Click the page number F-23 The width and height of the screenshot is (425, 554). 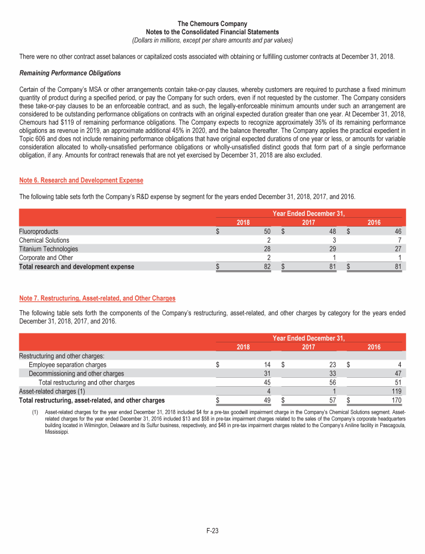pyautogui.click(x=212, y=531)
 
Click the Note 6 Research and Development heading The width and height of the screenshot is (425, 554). pyautogui.click(x=81, y=180)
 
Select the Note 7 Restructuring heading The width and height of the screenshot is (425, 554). pyautogui.click(x=97, y=298)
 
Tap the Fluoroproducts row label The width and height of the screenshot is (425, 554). pyautogui.click(x=38, y=231)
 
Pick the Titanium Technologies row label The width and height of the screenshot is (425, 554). pyautogui.click(x=48, y=249)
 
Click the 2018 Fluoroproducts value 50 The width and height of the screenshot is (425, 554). pyautogui.click(x=266, y=231)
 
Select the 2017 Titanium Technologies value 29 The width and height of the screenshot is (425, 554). pyautogui.click(x=332, y=249)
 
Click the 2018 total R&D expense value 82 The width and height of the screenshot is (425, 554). pyautogui.click(x=266, y=266)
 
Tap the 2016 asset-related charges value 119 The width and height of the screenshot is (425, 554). pyautogui.click(x=396, y=391)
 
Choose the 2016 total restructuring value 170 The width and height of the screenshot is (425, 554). pyautogui.click(x=396, y=400)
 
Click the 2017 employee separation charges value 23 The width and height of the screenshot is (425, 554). pyautogui.click(x=332, y=365)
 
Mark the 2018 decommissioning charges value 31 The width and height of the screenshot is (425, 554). pyautogui.click(x=266, y=373)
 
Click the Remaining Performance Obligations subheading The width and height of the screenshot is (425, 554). pyautogui.click(x=70, y=73)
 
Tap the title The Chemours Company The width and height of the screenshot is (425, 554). pyautogui.click(x=212, y=24)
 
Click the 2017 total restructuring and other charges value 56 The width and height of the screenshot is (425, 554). pyautogui.click(x=332, y=382)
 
